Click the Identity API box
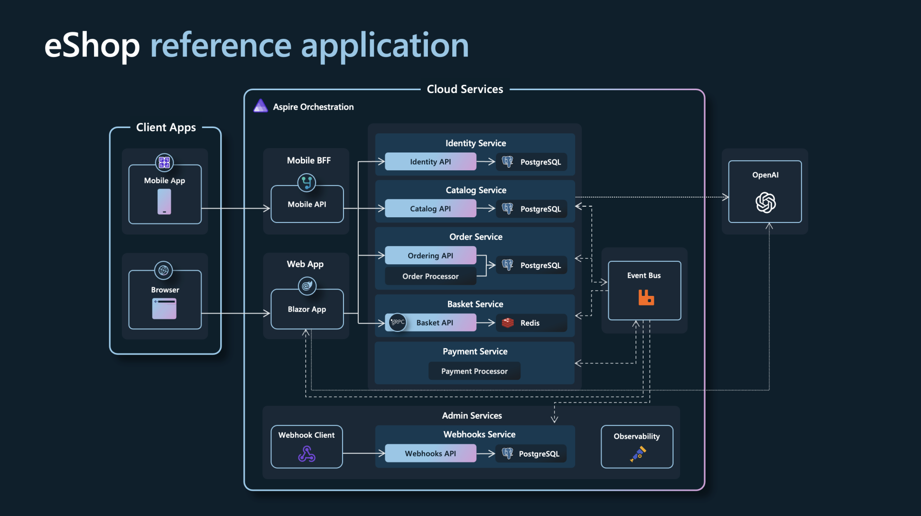pos(430,162)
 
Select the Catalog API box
pos(430,209)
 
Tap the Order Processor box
pos(430,276)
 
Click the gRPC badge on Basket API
pos(398,322)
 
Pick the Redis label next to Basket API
pos(530,323)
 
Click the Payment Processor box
pos(474,371)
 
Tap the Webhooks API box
pos(430,453)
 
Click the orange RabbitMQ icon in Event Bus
pos(646,298)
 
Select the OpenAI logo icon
pos(765,202)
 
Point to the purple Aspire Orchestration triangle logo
pos(260,106)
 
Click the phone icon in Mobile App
pos(164,201)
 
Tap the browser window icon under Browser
pos(164,308)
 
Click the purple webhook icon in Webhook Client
pos(307,454)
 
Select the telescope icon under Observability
pos(638,454)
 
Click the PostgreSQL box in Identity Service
pos(531,162)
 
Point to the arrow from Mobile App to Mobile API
pos(235,208)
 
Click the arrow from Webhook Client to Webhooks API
pos(363,453)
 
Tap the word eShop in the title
pos(92,46)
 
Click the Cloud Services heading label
pos(465,89)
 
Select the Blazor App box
pos(307,309)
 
